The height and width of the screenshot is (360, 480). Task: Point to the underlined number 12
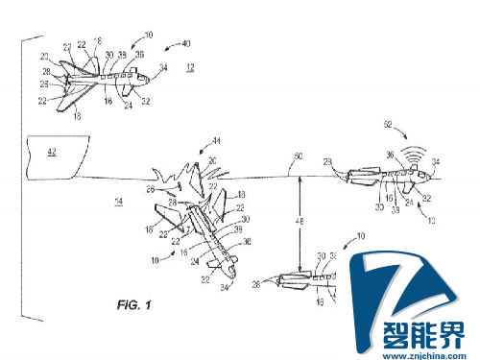coord(190,68)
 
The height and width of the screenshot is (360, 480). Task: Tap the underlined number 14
coord(118,202)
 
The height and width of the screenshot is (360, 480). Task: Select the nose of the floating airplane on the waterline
coord(429,178)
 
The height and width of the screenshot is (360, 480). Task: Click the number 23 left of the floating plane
coord(329,162)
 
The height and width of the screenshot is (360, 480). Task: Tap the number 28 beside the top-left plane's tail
coord(45,70)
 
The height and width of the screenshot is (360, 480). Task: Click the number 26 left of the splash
coord(153,190)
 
